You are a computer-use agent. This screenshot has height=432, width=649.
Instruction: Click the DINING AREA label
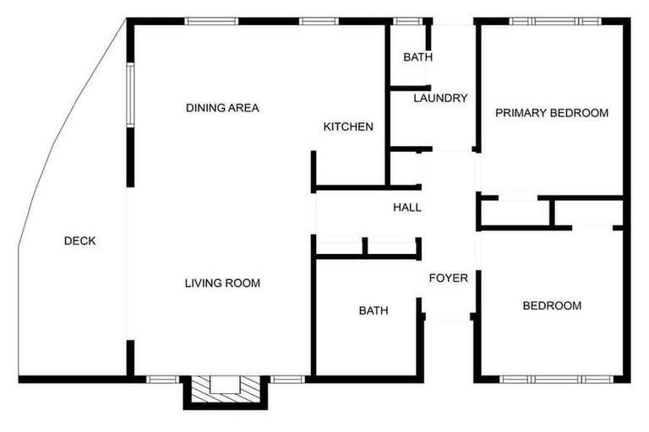tap(222, 108)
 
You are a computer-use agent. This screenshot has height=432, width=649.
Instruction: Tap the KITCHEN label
tap(348, 127)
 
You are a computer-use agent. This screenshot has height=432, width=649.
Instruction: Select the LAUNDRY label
tap(440, 98)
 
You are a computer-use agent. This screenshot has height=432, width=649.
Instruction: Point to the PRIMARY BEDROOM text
tap(552, 112)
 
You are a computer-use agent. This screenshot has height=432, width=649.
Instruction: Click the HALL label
tap(407, 208)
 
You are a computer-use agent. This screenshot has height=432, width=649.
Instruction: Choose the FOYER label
tap(449, 278)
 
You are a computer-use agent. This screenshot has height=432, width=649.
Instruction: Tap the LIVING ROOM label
tap(222, 283)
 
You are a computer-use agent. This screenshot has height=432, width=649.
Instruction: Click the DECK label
tap(80, 241)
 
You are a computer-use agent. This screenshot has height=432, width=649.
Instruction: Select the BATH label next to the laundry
tap(417, 57)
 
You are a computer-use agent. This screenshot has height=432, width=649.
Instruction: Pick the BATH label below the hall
tap(374, 310)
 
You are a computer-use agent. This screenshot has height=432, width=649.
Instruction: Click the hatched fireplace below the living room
tap(224, 389)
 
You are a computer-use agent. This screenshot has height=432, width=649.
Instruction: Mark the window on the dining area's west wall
tap(130, 93)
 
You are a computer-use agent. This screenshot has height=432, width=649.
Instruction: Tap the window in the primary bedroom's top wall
tap(555, 20)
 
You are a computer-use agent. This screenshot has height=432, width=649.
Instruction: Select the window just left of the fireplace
tap(161, 379)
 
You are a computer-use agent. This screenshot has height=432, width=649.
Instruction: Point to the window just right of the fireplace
tap(287, 379)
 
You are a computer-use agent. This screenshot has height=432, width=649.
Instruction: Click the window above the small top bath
tap(408, 20)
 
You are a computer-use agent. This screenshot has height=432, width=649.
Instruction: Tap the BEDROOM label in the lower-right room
tap(552, 305)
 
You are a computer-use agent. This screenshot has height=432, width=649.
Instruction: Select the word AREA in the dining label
tap(243, 108)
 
